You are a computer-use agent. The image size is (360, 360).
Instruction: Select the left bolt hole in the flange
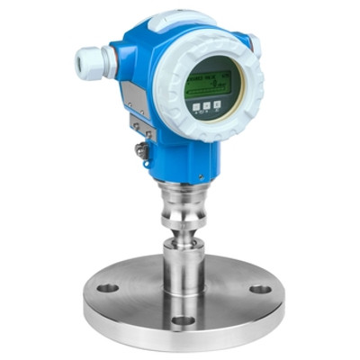click(x=107, y=288)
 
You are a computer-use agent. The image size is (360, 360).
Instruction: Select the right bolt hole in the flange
click(x=260, y=290)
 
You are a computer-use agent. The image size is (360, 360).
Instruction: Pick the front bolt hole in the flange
click(x=183, y=320)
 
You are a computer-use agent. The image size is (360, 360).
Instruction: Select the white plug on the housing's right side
click(x=255, y=42)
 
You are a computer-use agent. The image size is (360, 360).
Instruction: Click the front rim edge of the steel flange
click(x=180, y=338)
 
